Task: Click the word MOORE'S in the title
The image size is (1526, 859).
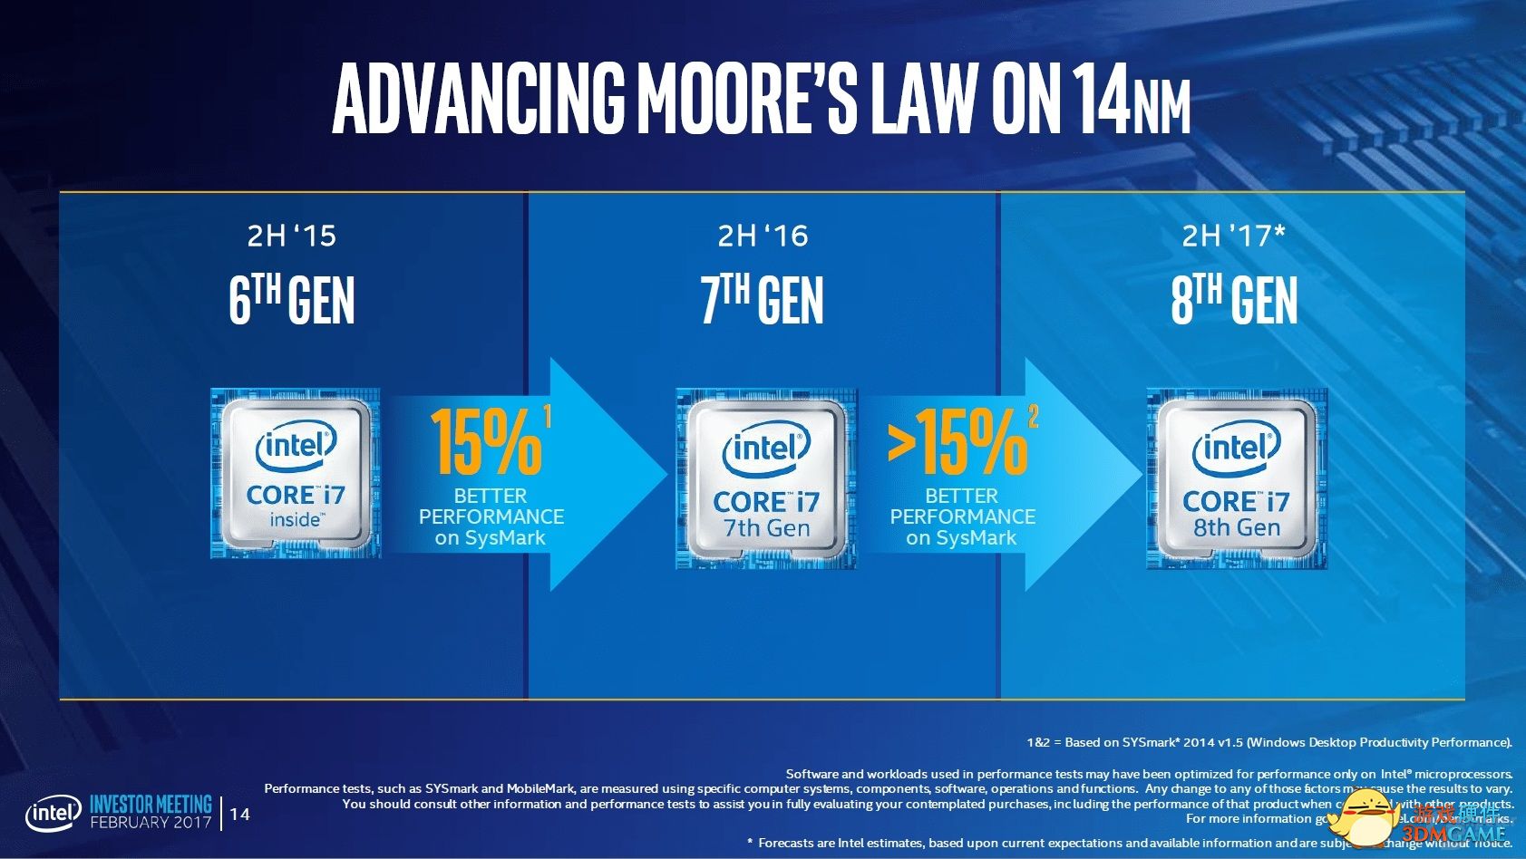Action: [747, 97]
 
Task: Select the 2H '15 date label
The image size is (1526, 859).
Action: [291, 236]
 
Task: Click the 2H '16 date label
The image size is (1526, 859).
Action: [763, 236]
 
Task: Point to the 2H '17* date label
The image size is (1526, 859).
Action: [1233, 236]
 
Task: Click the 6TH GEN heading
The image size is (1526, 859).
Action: [291, 301]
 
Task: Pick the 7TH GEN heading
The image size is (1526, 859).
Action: [763, 301]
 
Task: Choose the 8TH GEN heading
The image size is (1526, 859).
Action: [1234, 301]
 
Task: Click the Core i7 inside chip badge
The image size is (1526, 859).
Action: [296, 473]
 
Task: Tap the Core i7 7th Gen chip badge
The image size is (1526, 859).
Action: [766, 478]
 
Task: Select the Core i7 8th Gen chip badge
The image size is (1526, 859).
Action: [1237, 478]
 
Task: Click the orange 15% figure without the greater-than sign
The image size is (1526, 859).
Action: [485, 442]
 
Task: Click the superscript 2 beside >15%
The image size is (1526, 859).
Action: [1033, 416]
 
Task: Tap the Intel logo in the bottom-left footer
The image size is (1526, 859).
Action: [53, 813]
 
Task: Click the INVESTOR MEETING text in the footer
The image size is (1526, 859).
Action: [151, 804]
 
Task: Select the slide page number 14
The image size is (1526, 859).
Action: [240, 814]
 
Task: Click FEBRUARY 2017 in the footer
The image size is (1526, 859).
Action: [151, 823]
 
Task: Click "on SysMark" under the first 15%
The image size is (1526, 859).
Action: [490, 538]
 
